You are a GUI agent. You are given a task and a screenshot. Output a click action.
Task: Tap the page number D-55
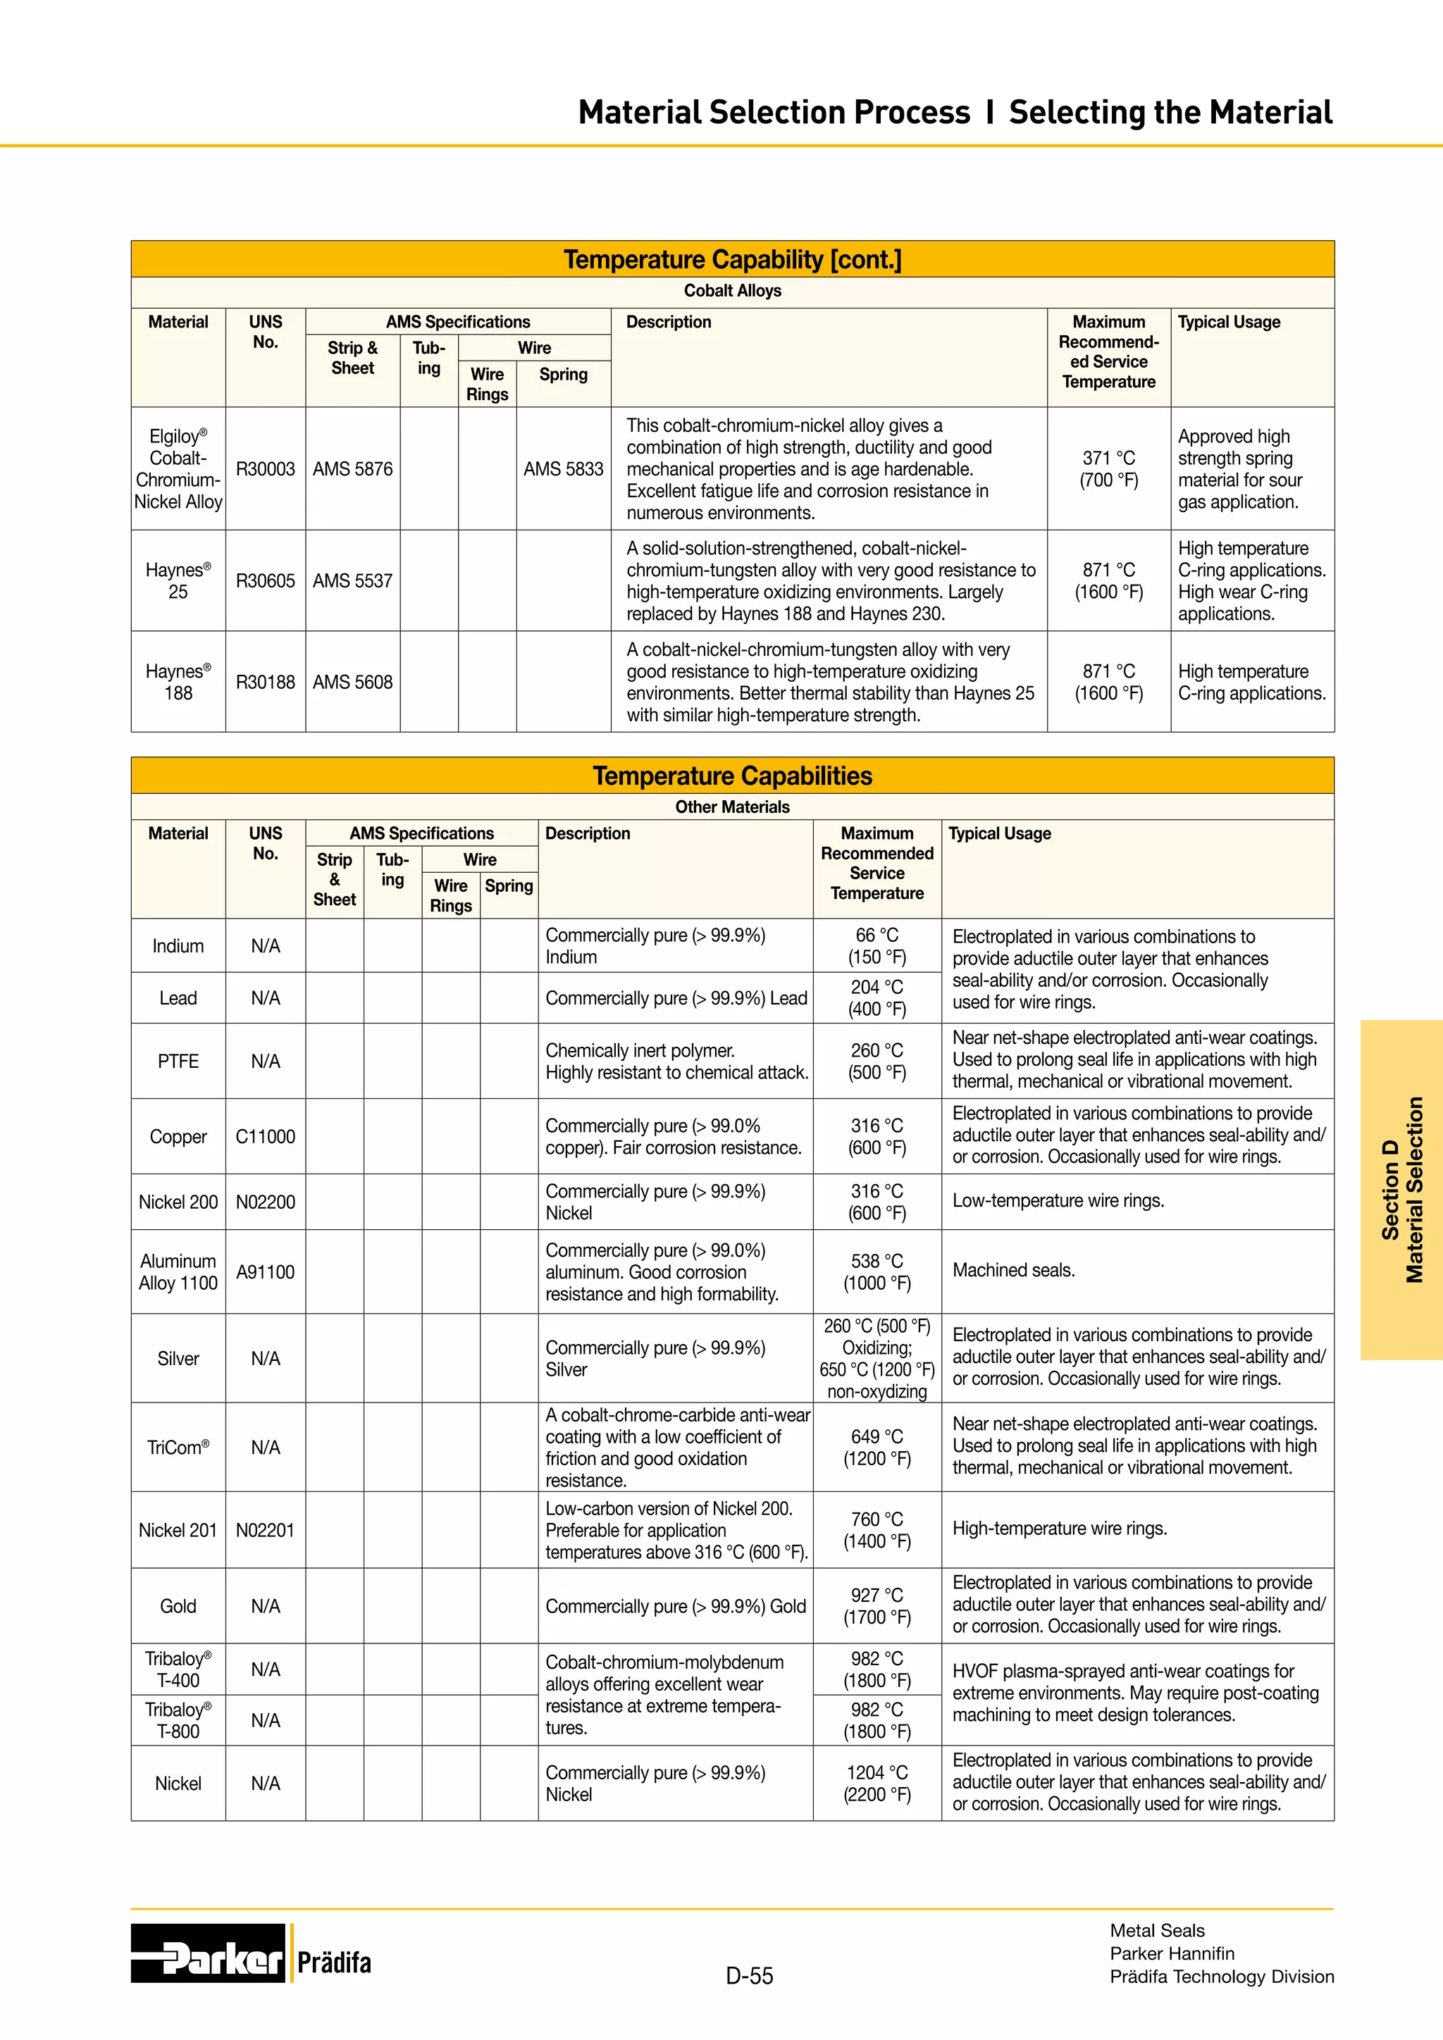749,1976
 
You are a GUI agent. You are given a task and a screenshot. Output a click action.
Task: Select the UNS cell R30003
265,469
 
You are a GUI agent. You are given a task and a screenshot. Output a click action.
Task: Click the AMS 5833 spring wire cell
564,469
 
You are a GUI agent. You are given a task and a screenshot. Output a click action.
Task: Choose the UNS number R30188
265,683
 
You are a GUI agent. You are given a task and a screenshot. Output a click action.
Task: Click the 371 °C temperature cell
1108,469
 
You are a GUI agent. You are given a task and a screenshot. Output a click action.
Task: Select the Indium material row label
178,946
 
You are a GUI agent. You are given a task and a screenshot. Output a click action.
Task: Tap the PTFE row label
178,1062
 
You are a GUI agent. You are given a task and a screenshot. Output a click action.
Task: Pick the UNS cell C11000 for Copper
265,1137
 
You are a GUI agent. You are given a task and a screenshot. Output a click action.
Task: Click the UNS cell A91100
265,1272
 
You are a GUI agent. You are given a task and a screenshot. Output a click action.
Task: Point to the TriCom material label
178,1448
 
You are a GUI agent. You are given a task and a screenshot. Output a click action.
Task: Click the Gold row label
178,1606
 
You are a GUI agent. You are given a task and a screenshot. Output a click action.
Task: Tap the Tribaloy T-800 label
178,1720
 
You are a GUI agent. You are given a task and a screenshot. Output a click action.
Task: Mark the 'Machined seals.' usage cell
1014,1271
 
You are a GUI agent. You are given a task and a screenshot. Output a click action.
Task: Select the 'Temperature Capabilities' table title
732,776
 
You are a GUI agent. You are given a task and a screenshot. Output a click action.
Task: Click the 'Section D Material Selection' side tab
1401,1190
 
